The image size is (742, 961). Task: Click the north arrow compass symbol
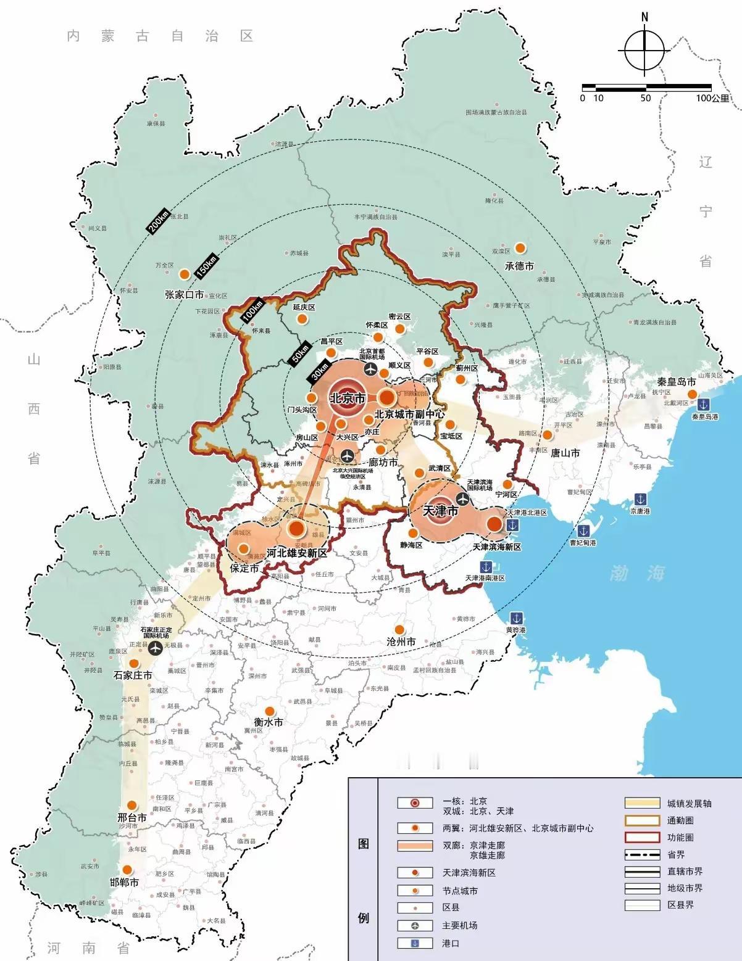644,50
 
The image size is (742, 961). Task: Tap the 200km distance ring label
158,221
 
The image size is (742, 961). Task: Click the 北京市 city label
348,398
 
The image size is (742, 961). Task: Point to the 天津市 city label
441,511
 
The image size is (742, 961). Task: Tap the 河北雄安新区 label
296,553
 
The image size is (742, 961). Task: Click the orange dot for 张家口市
184,274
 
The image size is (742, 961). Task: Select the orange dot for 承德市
520,248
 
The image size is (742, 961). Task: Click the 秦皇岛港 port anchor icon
702,405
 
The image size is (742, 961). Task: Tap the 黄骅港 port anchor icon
515,618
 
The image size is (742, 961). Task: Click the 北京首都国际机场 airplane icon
370,369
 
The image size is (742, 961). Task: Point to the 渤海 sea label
638,573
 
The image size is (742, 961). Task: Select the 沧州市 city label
401,641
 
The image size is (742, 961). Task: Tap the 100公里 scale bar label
712,98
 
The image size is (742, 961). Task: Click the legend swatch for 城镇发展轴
642,803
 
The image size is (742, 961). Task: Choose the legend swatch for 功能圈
642,837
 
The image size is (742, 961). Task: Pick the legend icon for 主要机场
415,925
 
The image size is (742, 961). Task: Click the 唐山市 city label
565,453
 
